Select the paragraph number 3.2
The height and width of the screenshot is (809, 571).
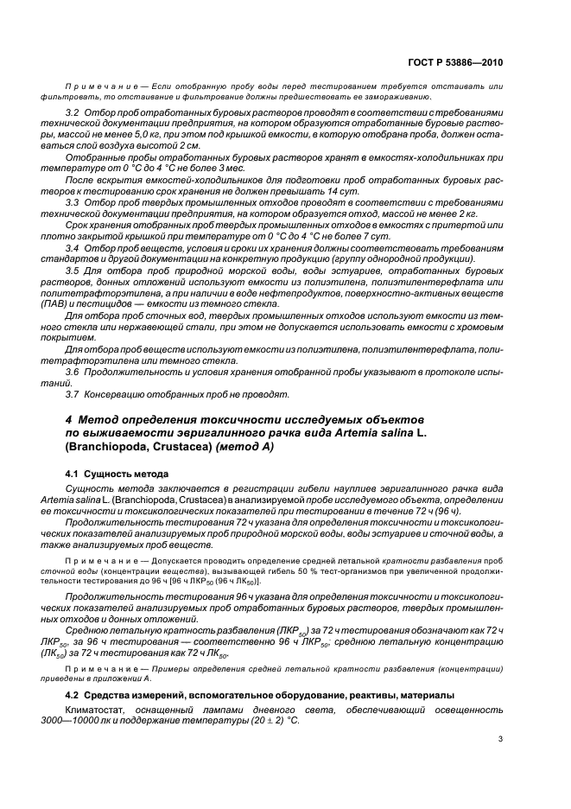pyautogui.click(x=73, y=113)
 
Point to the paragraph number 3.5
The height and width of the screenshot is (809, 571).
pyautogui.click(x=73, y=271)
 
